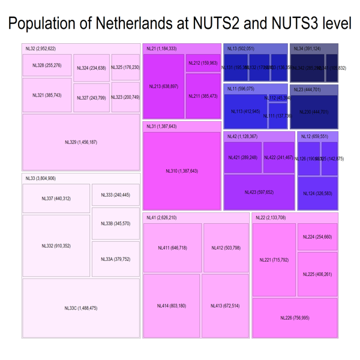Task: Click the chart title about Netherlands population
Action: [180, 24]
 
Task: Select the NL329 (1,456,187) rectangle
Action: [81, 142]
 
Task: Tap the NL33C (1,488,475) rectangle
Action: [81, 308]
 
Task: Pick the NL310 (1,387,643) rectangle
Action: [182, 171]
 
